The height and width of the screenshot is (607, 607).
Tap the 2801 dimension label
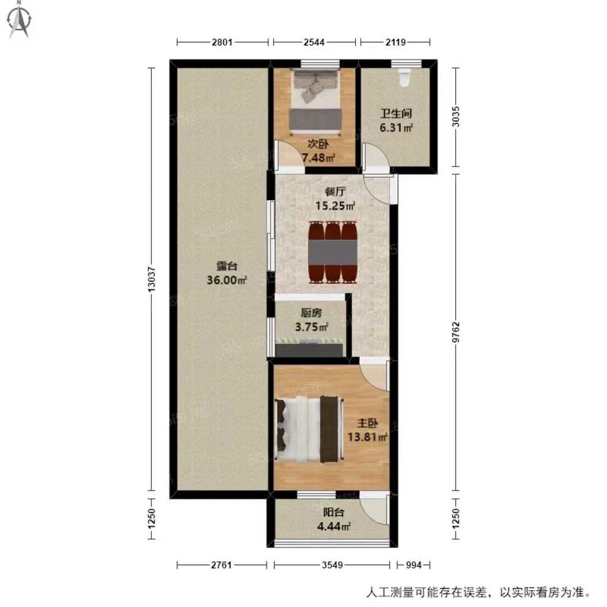tap(222, 42)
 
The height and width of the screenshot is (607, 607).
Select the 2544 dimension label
tap(314, 42)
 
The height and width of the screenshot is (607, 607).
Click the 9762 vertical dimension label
tap(456, 332)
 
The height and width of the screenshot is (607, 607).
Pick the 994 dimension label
tap(414, 565)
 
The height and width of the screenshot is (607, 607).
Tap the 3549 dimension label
tap(332, 565)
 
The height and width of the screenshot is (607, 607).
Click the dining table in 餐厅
tap(333, 252)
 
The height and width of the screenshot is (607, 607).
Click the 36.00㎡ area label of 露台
tap(226, 280)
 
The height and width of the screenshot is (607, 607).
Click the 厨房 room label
tap(311, 313)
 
